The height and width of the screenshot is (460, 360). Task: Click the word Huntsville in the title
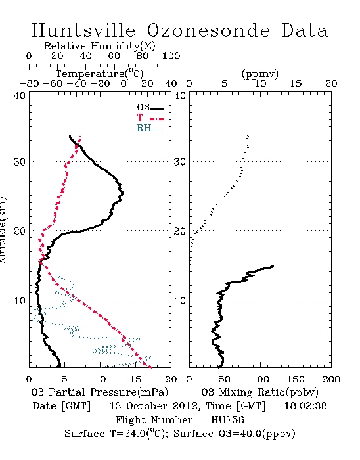[x=83, y=30]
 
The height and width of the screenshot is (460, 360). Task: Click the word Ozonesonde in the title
[x=208, y=30]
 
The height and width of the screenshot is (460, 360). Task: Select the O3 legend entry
[x=150, y=108]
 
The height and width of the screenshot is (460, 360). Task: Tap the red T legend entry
[x=150, y=118]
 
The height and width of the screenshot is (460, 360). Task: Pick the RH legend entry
[x=150, y=128]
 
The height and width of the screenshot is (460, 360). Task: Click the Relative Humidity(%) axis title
[x=100, y=46]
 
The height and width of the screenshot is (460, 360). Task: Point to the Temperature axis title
[x=100, y=74]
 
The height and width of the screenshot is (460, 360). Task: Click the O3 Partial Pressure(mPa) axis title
[x=100, y=392]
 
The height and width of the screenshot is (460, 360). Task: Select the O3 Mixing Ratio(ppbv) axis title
[x=259, y=392]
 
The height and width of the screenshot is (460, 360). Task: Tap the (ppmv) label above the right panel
[x=260, y=74]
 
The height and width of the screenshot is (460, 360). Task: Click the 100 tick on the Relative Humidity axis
[x=171, y=56]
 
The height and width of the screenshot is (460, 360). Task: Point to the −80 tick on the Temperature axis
[x=29, y=83]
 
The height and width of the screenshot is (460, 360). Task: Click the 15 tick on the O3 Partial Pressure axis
[x=135, y=379]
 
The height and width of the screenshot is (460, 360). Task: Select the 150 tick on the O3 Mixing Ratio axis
[x=296, y=379]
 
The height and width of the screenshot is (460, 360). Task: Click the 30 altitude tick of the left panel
[x=19, y=162]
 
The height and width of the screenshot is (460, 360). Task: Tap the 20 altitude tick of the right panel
[x=179, y=231]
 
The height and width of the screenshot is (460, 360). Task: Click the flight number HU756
[x=227, y=420]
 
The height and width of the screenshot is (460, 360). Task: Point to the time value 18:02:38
[x=305, y=406]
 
